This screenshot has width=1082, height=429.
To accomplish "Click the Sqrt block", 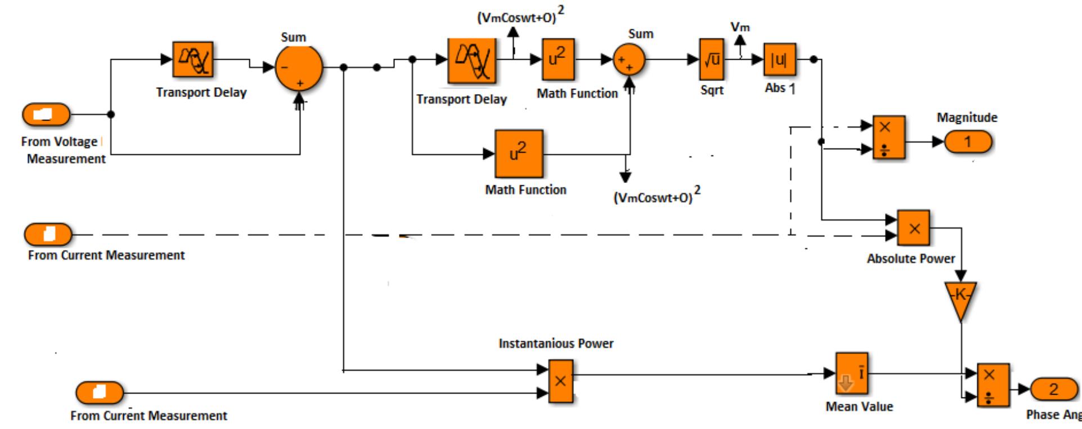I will click(x=712, y=59).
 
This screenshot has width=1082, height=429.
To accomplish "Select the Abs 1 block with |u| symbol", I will click(x=779, y=59).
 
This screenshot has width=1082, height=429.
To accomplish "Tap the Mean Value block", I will click(x=851, y=373).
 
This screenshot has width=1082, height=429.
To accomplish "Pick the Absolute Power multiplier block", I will click(x=913, y=228).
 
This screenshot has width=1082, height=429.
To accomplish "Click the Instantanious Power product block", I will click(x=560, y=381).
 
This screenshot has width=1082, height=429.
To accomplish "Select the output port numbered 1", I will click(x=967, y=142).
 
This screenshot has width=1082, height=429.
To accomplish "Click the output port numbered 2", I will click(x=1053, y=389).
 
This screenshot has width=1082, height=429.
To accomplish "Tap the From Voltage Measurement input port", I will click(x=46, y=115).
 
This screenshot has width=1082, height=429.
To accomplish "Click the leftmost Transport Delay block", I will click(x=192, y=59).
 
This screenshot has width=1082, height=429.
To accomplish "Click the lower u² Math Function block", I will click(x=519, y=154).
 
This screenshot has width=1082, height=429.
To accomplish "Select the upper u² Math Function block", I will click(x=558, y=59).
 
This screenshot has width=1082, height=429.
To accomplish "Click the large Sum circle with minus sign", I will click(x=299, y=68).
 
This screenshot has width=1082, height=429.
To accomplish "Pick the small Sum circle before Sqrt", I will click(x=629, y=60).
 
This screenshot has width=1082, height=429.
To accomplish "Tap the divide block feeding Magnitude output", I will click(x=888, y=138).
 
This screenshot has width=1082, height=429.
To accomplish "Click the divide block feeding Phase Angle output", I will click(x=993, y=385).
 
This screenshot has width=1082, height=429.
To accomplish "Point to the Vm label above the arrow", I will click(x=740, y=26).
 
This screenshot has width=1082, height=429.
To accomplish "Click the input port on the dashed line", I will click(x=48, y=234).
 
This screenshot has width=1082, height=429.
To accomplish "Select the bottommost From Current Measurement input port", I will click(x=100, y=392).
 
